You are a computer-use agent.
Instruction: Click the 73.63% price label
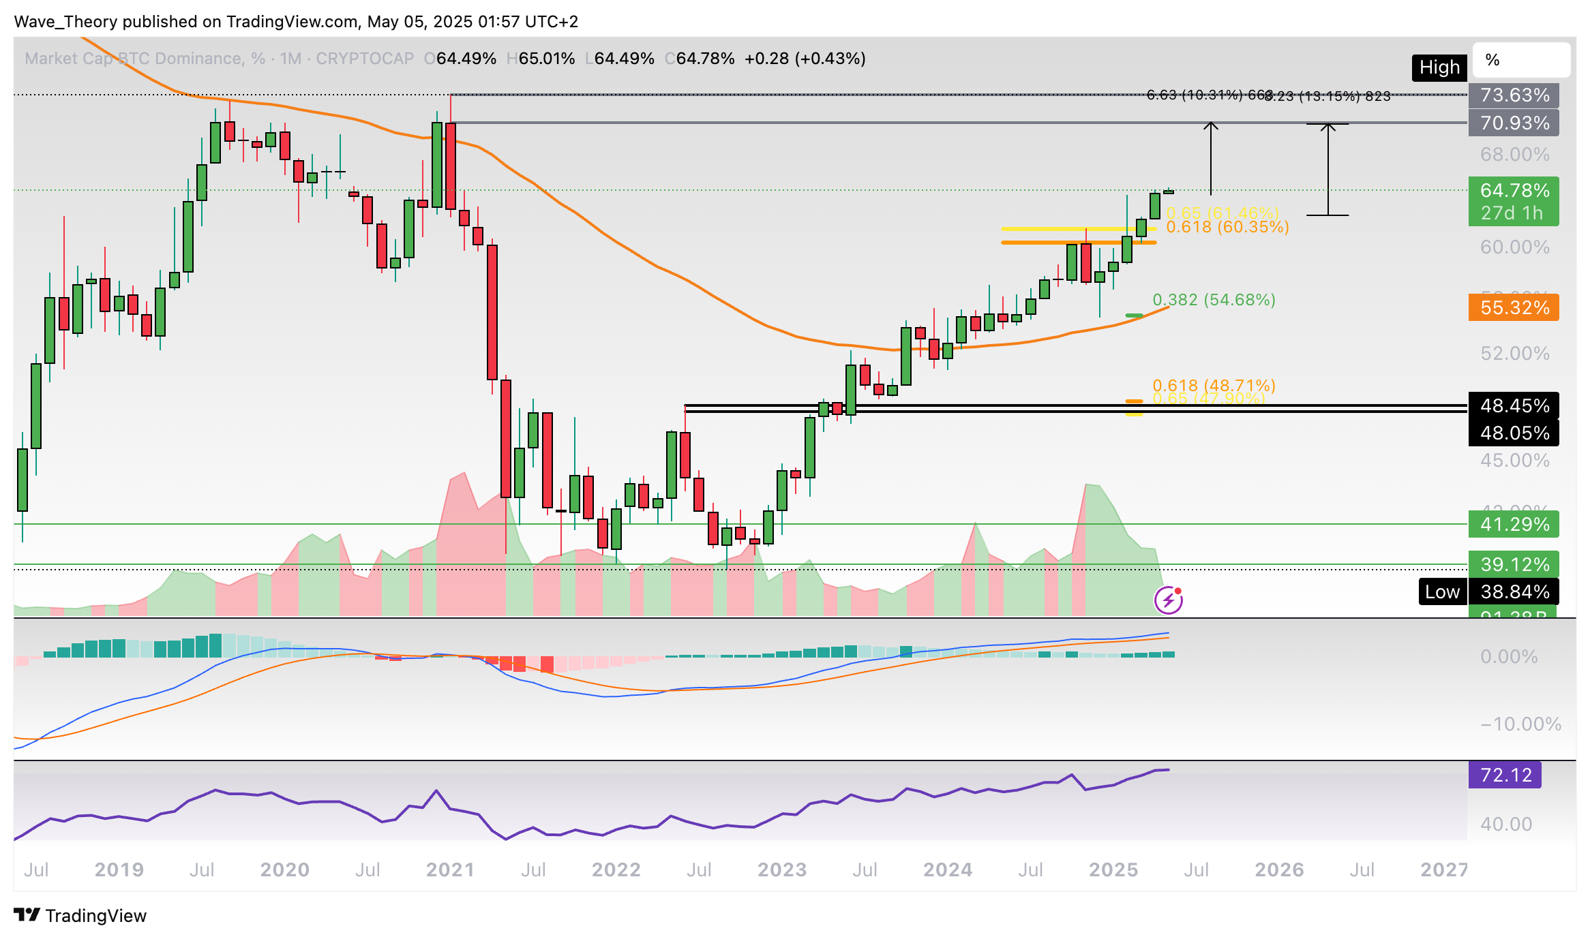(1514, 95)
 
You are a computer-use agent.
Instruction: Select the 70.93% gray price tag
(1514, 123)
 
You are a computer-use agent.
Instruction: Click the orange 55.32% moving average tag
(1514, 307)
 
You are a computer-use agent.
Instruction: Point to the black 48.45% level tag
(1514, 405)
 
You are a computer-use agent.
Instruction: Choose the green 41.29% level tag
(1514, 524)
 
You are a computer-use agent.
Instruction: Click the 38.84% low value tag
(1514, 591)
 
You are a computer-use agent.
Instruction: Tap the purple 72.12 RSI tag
(1505, 775)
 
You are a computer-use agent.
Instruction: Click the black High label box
(1439, 67)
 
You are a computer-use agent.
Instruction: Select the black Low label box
(1442, 591)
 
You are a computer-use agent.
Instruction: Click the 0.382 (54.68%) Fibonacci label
(1214, 300)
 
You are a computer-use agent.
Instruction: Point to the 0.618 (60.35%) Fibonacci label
(1227, 228)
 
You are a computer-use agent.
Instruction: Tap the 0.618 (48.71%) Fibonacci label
(1214, 385)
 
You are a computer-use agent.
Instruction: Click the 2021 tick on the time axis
(450, 869)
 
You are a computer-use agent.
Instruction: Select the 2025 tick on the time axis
(1113, 869)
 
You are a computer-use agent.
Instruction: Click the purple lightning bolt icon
(1169, 600)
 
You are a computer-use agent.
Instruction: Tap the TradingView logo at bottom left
(80, 915)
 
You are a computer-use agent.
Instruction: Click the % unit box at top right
(1521, 60)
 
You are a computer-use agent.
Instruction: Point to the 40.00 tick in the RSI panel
(1506, 824)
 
